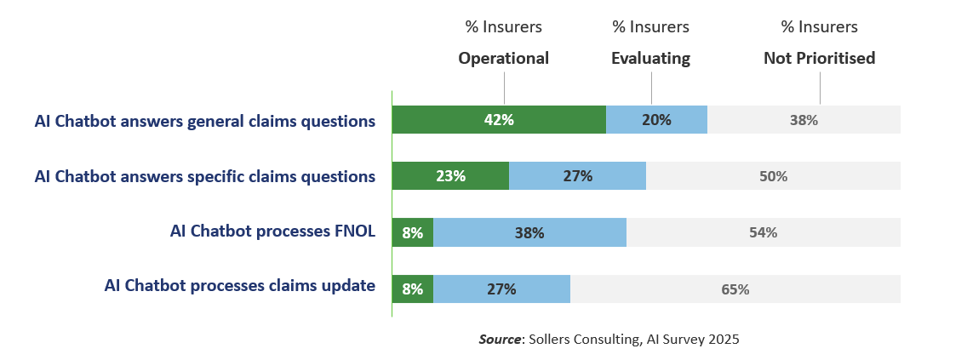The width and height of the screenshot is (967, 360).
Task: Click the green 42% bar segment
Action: [499, 120]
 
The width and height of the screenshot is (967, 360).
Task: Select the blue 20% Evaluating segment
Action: [656, 120]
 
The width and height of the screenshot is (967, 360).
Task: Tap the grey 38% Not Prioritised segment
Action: [804, 120]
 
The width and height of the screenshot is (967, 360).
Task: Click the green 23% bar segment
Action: [450, 176]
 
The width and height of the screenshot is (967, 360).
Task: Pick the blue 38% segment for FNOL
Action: [529, 232]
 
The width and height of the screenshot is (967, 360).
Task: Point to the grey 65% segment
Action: [735, 289]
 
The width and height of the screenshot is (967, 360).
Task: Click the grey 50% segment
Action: [773, 176]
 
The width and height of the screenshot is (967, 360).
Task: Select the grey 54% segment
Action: [763, 232]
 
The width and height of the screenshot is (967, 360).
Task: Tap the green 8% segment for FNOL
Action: [413, 232]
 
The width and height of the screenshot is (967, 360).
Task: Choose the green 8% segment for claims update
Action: [413, 289]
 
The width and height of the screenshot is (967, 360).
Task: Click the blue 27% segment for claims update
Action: [501, 289]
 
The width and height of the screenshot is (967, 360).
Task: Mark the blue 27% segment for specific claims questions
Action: [577, 176]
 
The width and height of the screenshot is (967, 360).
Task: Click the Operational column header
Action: [504, 59]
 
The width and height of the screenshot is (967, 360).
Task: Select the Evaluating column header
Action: [651, 59]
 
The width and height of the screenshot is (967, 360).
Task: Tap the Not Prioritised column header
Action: [819, 59]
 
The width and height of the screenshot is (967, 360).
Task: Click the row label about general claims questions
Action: [205, 121]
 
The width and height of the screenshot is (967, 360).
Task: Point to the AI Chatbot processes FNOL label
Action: [272, 231]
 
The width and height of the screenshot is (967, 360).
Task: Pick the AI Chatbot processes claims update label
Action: [239, 286]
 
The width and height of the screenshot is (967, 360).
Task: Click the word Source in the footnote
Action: [500, 339]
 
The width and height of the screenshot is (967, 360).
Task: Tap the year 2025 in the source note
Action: [723, 339]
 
